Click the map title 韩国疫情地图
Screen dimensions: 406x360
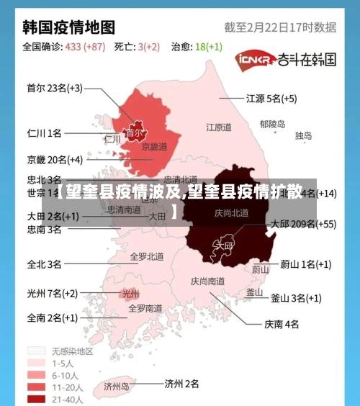[69, 27]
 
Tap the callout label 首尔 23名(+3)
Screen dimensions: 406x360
[55, 89]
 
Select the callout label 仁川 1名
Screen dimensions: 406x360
[44, 133]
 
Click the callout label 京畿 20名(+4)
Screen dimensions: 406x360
[55, 159]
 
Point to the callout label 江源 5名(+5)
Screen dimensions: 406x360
[272, 98]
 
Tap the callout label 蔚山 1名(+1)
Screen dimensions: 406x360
[306, 264]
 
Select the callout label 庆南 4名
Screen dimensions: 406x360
[282, 324]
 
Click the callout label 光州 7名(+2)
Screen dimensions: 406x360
[53, 293]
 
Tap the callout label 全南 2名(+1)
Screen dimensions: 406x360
[53, 317]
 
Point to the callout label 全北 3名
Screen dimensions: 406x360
[44, 264]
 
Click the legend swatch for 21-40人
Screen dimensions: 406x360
[37, 400]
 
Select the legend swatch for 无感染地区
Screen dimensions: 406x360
[37, 351]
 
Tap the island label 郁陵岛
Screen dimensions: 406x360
[273, 124]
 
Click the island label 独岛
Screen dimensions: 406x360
[303, 135]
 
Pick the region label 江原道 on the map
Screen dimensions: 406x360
[219, 127]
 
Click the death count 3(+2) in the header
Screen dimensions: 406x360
[148, 47]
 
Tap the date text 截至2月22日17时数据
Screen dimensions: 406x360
[280, 27]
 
